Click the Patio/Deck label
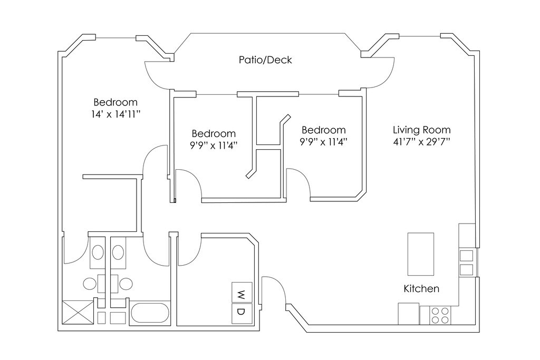pyautogui.click(x=265, y=60)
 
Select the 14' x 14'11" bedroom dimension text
pyautogui.click(x=115, y=114)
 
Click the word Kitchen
pyautogui.click(x=421, y=289)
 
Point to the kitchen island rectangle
pyautogui.click(x=421, y=254)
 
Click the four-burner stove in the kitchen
pyautogui.click(x=440, y=315)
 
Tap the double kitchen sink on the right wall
pyautogui.click(x=467, y=262)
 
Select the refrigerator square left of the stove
pyautogui.click(x=409, y=314)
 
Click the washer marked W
pyautogui.click(x=242, y=293)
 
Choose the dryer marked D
pyautogui.click(x=242, y=312)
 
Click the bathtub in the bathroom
pyautogui.click(x=150, y=313)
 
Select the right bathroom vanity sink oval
pyautogui.click(x=119, y=251)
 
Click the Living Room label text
pyautogui.click(x=421, y=130)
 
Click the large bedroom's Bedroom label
pyautogui.click(x=115, y=102)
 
